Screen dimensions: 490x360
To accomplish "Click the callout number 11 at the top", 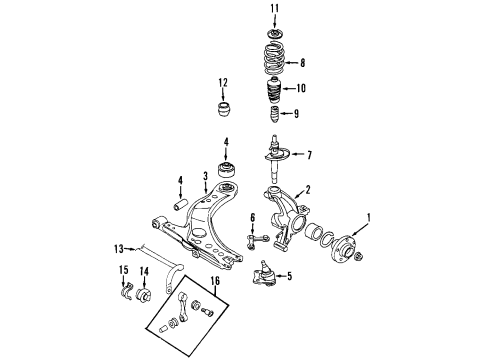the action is [274, 9].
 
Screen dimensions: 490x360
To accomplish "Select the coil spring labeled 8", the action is [274, 58].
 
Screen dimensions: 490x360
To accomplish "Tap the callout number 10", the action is [301, 88].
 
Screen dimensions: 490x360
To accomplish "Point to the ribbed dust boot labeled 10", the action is [274, 91].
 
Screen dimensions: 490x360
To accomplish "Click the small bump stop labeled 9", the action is [274, 114].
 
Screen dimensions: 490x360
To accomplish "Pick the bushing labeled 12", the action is [223, 110].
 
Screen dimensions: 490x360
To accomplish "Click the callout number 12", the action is [223, 82].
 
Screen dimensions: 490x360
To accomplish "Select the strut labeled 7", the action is [275, 158].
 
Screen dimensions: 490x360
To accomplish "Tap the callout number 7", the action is [309, 155].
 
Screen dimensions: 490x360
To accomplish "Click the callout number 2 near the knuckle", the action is [308, 190].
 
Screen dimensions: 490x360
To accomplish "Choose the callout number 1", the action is [368, 218].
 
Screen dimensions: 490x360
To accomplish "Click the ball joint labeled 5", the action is [264, 274].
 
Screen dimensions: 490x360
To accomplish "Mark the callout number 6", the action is [252, 218].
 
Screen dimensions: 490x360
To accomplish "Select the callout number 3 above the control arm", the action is [206, 176].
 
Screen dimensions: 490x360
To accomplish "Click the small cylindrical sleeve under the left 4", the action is [180, 204].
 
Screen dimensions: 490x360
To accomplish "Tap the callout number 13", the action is [119, 249].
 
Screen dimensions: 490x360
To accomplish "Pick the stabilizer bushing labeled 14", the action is [144, 293].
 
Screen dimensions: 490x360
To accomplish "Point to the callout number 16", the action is [215, 281].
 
